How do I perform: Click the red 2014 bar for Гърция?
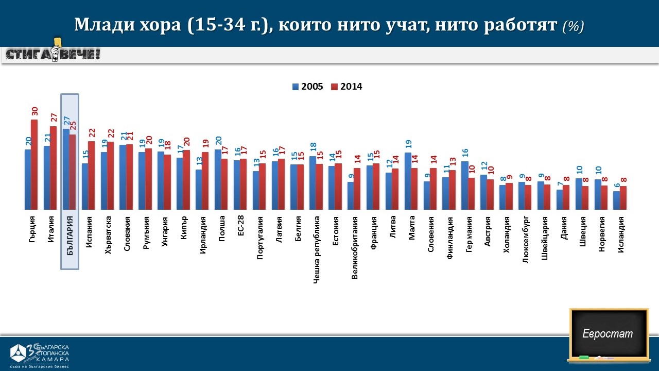coord(34,165)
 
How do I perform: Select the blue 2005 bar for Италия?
coord(46,178)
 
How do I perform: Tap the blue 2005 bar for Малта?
coord(408,181)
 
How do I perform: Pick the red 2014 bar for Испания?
coord(91,175)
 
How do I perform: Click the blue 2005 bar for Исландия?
coord(616,200)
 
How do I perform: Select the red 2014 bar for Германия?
coord(471,194)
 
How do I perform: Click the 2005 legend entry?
coord(307,87)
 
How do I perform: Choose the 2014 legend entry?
coord(346,87)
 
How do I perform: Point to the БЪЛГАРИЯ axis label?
coord(70,235)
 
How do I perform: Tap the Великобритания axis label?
coord(355,247)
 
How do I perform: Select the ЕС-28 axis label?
coord(240,226)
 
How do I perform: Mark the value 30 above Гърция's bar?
coord(34,111)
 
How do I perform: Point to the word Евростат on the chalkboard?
coord(608,333)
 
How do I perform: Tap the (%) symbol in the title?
coord(573,26)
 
